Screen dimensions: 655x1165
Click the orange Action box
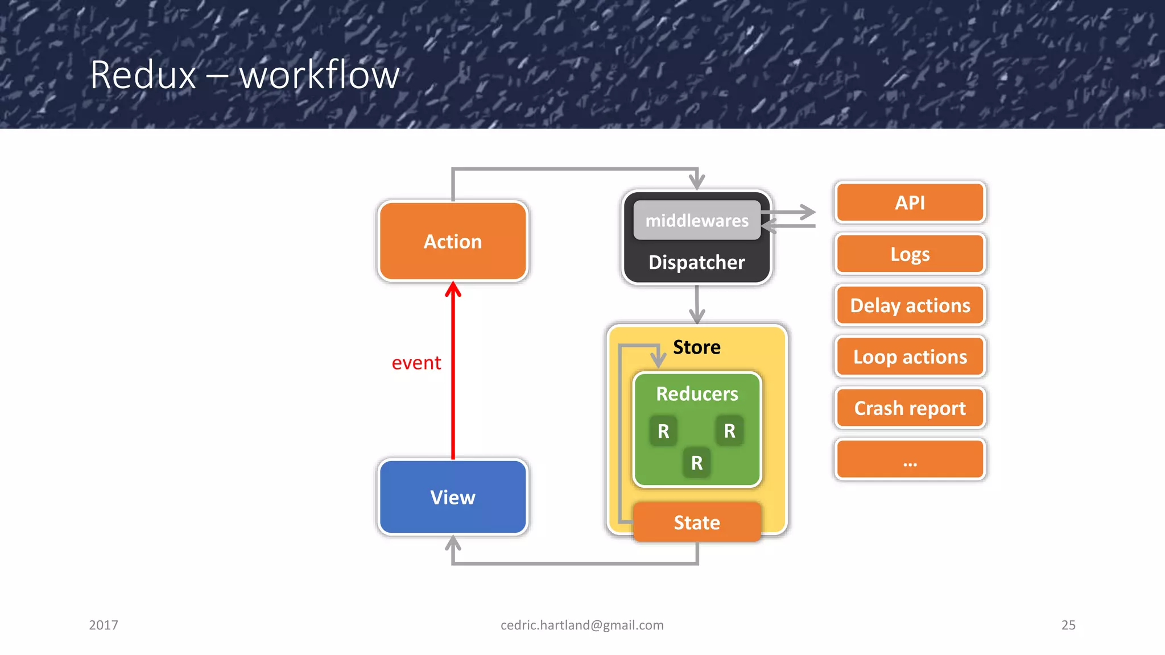[x=453, y=241]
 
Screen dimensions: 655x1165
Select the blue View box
[x=453, y=497]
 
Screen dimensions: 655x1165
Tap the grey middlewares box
[x=697, y=220]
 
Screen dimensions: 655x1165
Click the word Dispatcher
[x=697, y=262]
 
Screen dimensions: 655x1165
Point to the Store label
[x=697, y=347]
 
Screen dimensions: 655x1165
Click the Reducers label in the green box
[x=697, y=393]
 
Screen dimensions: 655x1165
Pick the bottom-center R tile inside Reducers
[x=697, y=463]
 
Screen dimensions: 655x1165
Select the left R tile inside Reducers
[x=663, y=431]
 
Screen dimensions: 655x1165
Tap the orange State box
[x=697, y=522]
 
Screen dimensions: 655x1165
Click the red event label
[x=416, y=363]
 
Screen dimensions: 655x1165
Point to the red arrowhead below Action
[x=453, y=289]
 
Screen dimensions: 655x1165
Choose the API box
[x=910, y=202]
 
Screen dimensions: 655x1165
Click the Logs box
[x=910, y=254]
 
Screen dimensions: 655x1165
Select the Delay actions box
[x=910, y=305]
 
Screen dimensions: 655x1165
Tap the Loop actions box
[x=910, y=356]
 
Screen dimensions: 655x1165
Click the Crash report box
[x=910, y=408]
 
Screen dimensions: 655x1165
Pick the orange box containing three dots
[x=910, y=459]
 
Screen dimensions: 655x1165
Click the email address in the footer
[x=582, y=625]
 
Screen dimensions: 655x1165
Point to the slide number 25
[x=1068, y=625]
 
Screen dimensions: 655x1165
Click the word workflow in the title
[x=319, y=75]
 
